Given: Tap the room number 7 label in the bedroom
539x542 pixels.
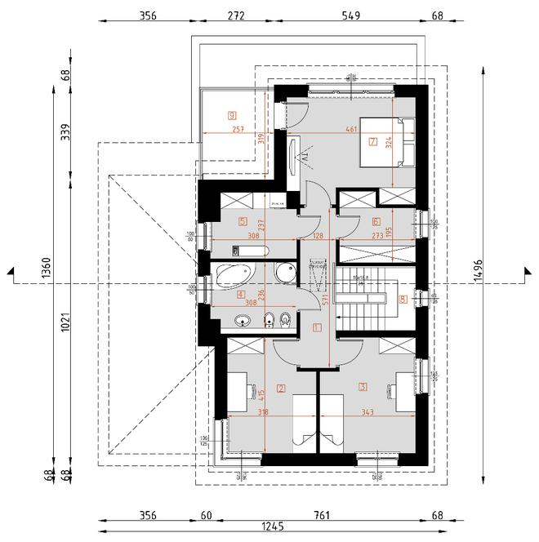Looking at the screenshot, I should point(372,142).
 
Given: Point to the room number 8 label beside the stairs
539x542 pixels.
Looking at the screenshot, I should point(403,299).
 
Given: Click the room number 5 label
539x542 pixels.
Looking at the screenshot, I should point(243,220).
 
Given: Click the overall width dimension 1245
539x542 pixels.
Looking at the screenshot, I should point(269,528).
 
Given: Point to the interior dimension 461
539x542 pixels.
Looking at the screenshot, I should point(350,129).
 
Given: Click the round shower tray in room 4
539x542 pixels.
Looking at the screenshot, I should point(285,274).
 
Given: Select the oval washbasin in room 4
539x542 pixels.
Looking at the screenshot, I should point(241,320).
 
